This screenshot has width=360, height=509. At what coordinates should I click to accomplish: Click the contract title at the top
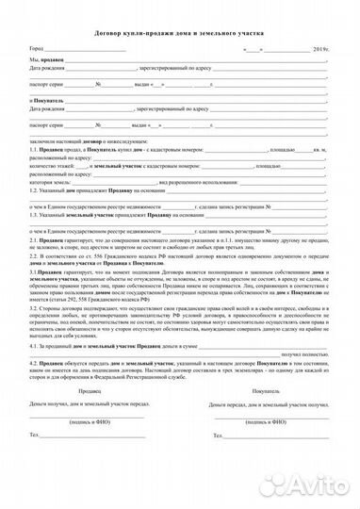point(179,30)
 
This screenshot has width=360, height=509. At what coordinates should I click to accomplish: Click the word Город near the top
point(36,47)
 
